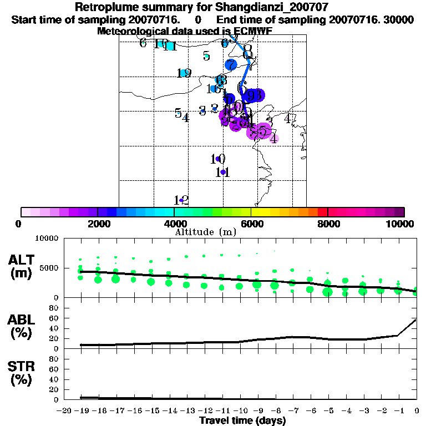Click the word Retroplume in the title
pyautogui.click(x=104, y=8)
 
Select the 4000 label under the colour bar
pyautogui.click(x=174, y=224)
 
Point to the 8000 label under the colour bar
pyautogui.click(x=328, y=224)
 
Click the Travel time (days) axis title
pyautogui.click(x=242, y=421)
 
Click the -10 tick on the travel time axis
pyautogui.click(x=240, y=410)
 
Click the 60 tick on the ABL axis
pyautogui.click(x=55, y=318)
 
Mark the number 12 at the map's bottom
pyautogui.click(x=182, y=200)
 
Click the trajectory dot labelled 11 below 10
pyautogui.click(x=223, y=173)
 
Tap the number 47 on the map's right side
pyautogui.click(x=290, y=118)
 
